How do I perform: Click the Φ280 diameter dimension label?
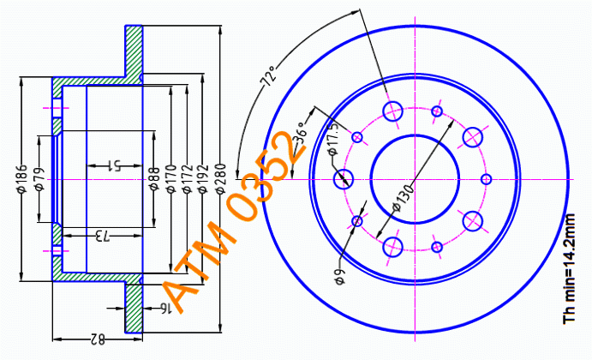coord(220,178)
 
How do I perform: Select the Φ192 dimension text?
coord(204,178)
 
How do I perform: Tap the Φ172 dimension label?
coord(188,178)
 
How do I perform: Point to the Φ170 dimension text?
coord(171,178)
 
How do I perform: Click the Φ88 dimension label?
coord(153,178)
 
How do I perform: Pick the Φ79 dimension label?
coord(39,178)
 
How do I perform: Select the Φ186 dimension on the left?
coord(22,178)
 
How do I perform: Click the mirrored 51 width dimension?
coord(115,165)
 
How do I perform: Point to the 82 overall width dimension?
coord(98,339)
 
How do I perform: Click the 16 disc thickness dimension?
coord(165,309)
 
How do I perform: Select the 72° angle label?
coord(270,76)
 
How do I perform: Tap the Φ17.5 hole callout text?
coord(333,140)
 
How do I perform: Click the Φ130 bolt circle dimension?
coord(404,197)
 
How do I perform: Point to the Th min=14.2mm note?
coord(569,268)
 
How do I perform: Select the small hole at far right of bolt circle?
coord(487,179)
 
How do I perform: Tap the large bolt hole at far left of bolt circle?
coord(344,178)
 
